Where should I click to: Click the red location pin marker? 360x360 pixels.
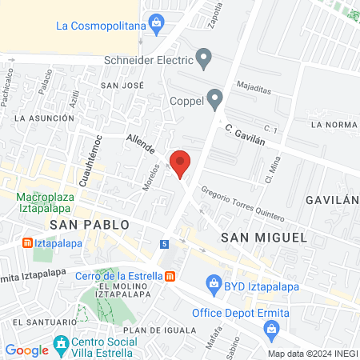(x=181, y=162)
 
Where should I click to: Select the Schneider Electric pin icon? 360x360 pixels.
(x=205, y=58)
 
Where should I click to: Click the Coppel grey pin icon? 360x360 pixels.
(x=214, y=99)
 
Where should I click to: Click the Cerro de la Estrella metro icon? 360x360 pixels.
(x=170, y=277)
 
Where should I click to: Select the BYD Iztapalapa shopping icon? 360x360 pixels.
(x=214, y=282)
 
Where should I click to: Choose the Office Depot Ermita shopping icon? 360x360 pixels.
(x=272, y=328)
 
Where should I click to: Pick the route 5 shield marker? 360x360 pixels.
(x=165, y=243)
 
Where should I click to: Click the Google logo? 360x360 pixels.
(x=26, y=350)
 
